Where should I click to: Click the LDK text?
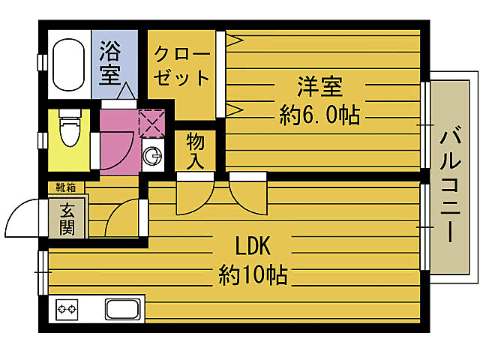tap(253, 247)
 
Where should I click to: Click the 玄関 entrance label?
tap(67, 218)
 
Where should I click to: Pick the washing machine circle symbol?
tap(153, 157)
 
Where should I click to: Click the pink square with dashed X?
tap(152, 124)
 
